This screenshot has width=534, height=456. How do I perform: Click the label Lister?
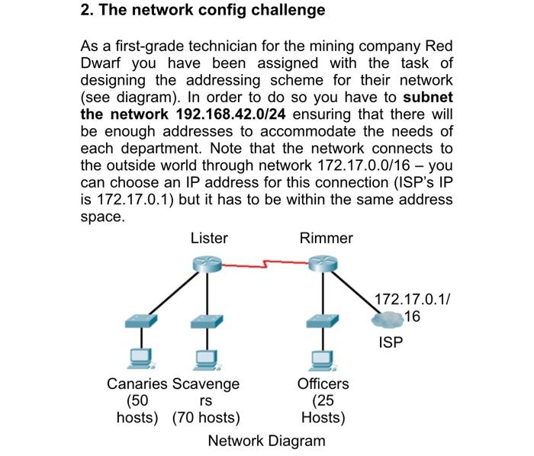208,238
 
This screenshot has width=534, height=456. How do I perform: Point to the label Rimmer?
326,238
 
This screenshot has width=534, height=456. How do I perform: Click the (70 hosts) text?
205,418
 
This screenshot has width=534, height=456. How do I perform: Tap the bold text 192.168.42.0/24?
229,114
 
